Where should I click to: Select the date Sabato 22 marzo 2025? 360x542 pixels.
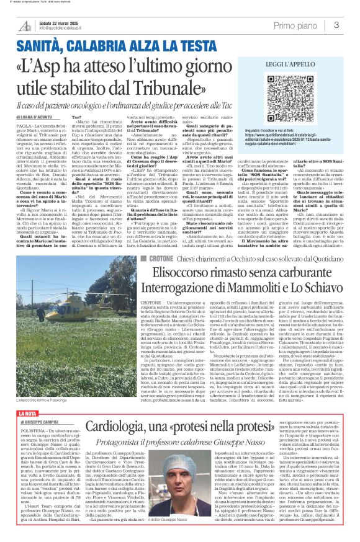point(61,23)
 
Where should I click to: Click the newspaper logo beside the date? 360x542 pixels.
point(25,25)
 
